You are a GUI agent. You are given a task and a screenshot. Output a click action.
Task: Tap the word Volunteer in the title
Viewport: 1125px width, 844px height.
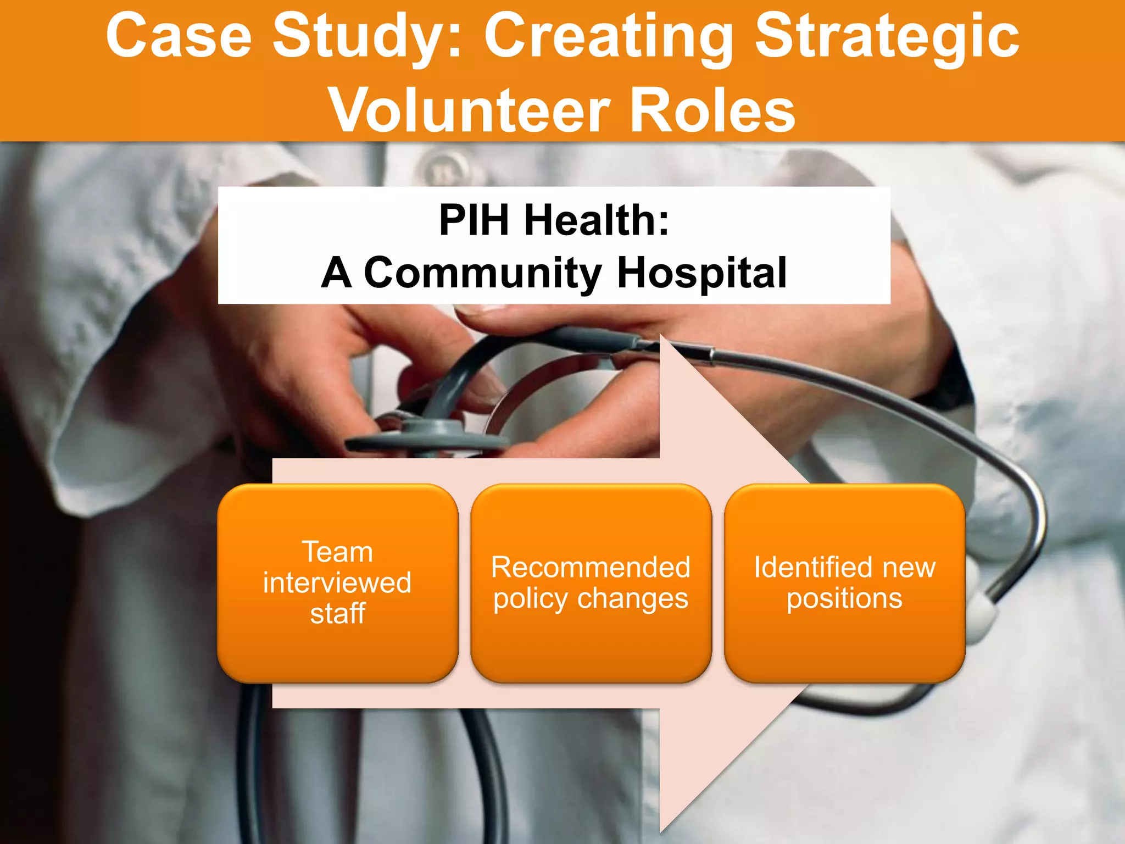[470, 110]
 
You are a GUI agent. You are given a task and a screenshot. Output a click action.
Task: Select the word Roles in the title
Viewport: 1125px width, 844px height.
[712, 110]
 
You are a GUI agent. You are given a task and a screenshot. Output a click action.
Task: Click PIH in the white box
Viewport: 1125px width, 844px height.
[474, 220]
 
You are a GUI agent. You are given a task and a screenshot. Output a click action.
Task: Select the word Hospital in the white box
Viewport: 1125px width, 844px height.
[701, 273]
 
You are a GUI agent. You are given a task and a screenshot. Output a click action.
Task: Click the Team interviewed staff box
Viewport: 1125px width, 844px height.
[337, 582]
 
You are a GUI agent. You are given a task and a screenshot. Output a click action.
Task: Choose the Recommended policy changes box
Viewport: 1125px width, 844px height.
[591, 582]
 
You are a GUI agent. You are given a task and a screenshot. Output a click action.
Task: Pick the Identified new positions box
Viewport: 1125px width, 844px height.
[844, 582]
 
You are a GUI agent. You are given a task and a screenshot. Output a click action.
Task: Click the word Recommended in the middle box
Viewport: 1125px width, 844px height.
[591, 567]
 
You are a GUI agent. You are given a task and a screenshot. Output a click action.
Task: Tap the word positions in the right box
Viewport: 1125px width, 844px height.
[844, 598]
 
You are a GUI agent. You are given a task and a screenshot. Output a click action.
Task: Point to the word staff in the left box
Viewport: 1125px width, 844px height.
[337, 614]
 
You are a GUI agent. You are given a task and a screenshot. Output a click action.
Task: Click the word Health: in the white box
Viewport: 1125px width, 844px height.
[597, 220]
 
